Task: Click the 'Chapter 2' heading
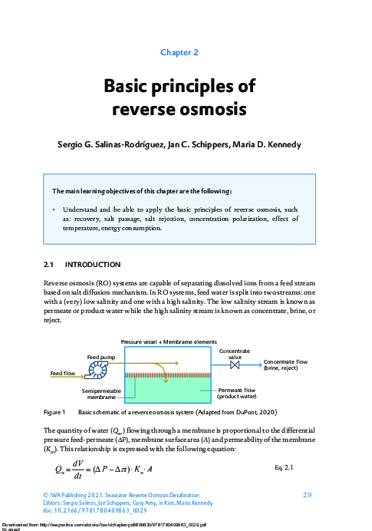click(x=179, y=52)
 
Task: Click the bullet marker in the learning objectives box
click(x=54, y=208)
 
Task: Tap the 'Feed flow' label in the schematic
click(x=64, y=373)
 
